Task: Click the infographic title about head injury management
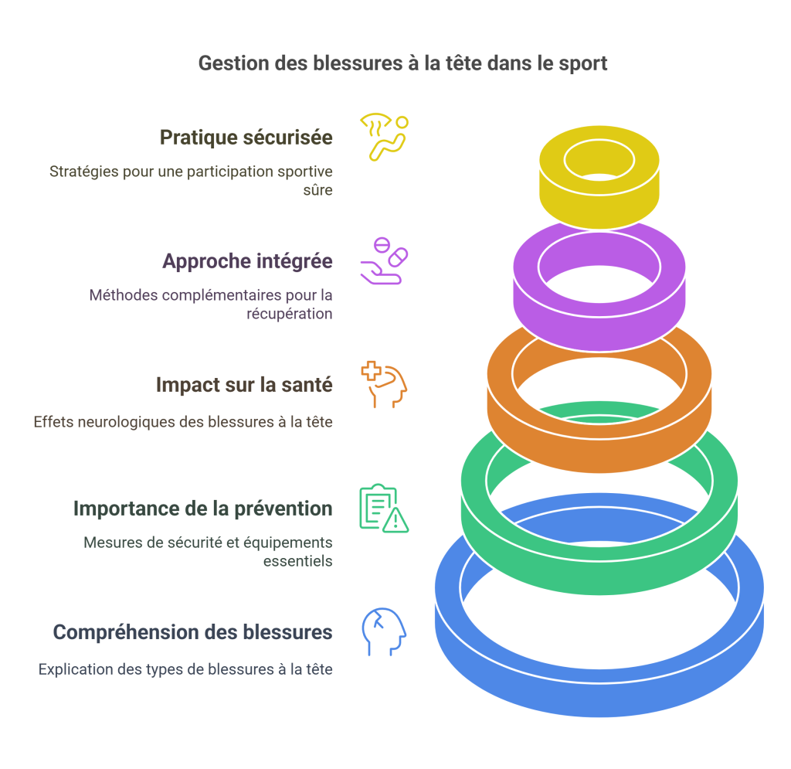(402, 63)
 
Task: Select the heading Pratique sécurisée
(246, 138)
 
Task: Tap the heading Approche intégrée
(247, 261)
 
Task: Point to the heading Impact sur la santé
(244, 384)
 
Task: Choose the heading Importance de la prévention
(202, 509)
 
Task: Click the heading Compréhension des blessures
(192, 632)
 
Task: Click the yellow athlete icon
(384, 137)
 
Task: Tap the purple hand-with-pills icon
(384, 261)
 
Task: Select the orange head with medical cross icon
(384, 384)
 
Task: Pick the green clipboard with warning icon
(384, 508)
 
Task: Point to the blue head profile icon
(384, 632)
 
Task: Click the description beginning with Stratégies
(191, 179)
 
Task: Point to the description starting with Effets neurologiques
(183, 422)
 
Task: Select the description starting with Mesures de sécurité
(208, 551)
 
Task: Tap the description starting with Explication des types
(185, 669)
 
